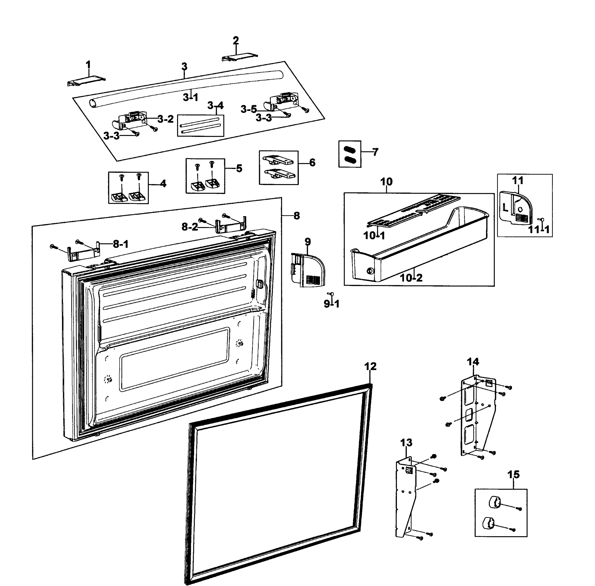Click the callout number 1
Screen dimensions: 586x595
click(88, 65)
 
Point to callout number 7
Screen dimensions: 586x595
click(375, 152)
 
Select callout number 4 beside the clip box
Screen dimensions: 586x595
click(163, 184)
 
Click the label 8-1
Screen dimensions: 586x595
click(121, 244)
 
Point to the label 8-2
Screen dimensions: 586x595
click(190, 227)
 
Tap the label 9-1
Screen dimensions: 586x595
click(332, 304)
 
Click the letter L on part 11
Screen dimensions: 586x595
click(505, 208)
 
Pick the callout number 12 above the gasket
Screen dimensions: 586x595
click(370, 366)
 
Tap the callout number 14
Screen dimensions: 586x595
click(473, 361)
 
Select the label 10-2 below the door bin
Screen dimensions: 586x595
click(411, 278)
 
